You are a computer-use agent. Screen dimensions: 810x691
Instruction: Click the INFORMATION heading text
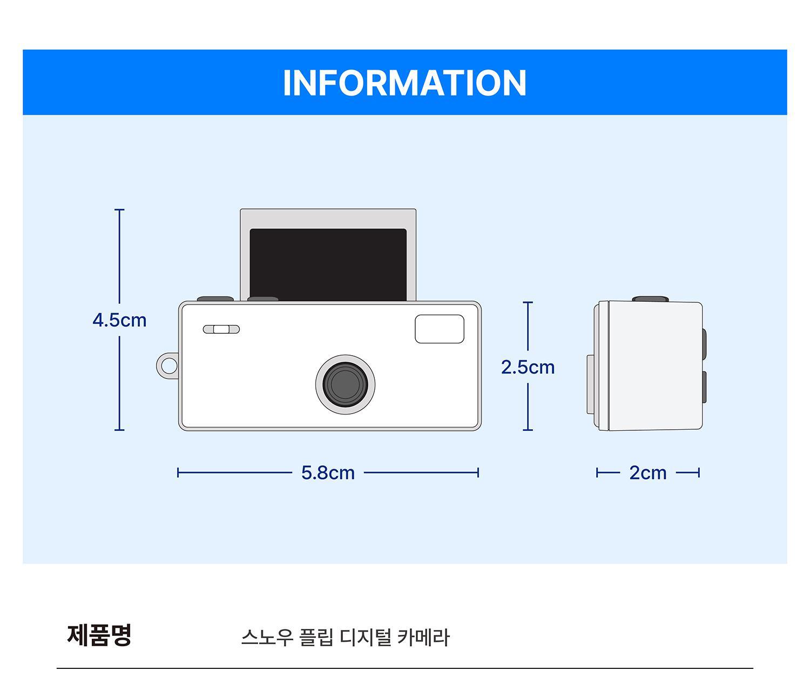(404, 83)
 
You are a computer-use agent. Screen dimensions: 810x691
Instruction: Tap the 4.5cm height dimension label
(119, 321)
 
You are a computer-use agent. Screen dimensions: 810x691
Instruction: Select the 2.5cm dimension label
(528, 368)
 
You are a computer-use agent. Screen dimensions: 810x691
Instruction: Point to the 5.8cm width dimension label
(328, 473)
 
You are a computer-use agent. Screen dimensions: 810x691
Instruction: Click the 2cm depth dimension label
(648, 473)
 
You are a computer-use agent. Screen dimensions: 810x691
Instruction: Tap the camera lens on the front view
(345, 385)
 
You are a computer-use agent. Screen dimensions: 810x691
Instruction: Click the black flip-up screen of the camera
(328, 265)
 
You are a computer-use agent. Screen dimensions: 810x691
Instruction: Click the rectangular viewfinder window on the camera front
(439, 329)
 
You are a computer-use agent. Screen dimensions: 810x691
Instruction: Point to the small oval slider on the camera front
(221, 329)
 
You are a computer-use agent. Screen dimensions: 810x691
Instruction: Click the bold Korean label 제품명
(99, 635)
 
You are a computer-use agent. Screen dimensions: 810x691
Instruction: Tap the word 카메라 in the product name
(423, 638)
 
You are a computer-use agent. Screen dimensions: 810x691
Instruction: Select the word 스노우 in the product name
(267, 638)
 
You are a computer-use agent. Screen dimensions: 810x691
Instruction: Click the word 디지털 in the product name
(365, 638)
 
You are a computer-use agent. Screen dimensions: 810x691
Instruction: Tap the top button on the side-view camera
(650, 299)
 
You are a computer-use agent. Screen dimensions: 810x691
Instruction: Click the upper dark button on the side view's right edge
(704, 345)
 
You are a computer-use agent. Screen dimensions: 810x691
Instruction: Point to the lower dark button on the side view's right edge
(704, 388)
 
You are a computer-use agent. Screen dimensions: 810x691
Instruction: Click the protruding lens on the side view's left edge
(590, 384)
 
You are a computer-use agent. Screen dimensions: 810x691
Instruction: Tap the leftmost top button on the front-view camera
(215, 299)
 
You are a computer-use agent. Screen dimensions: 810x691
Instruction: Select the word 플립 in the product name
(316, 638)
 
